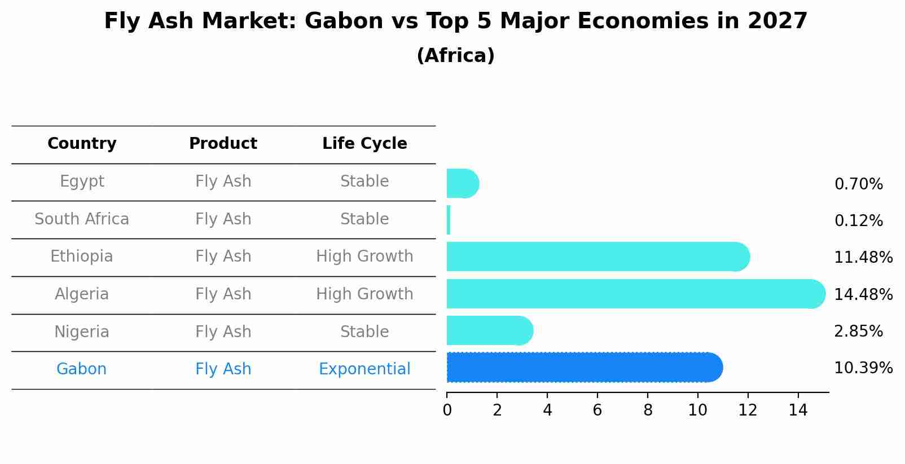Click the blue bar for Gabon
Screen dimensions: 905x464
click(585, 367)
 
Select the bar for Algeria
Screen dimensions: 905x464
click(636, 294)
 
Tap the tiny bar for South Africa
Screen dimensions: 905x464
click(449, 220)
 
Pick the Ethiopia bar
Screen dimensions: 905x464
click(599, 257)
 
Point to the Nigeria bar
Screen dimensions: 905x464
click(490, 330)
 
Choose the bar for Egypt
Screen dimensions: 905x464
click(463, 183)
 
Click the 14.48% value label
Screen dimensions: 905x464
click(863, 294)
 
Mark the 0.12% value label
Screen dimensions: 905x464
click(859, 220)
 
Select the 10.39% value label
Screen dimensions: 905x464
click(863, 368)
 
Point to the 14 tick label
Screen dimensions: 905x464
click(798, 410)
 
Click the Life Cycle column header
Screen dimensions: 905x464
click(364, 143)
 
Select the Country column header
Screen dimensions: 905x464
click(82, 143)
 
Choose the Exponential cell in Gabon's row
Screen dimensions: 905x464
click(364, 369)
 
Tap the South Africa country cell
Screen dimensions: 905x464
click(82, 219)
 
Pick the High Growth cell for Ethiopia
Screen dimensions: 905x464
click(364, 257)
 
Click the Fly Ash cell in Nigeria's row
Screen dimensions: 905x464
click(223, 332)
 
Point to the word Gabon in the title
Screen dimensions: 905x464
click(344, 21)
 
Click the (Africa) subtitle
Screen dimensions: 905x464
click(455, 55)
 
